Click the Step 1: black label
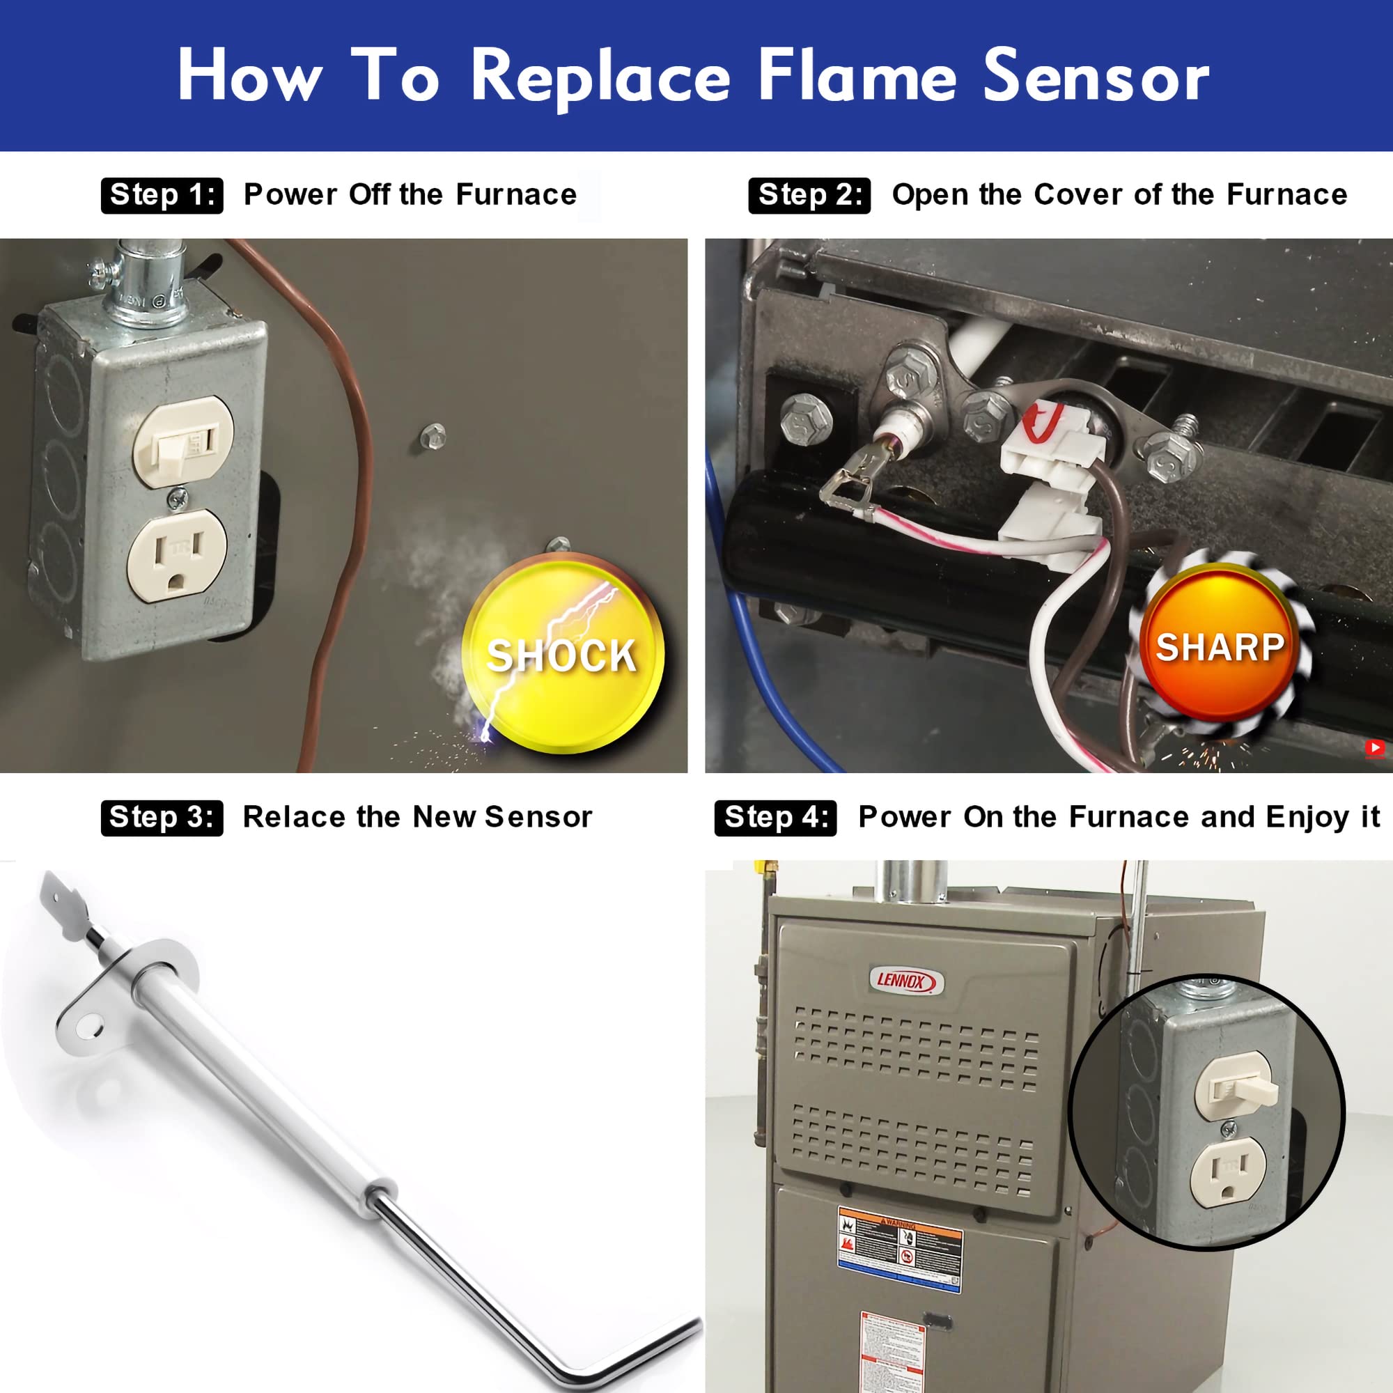point(162,196)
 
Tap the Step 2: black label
point(809,196)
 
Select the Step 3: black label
point(162,818)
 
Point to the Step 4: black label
point(775,818)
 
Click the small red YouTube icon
point(1374,749)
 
